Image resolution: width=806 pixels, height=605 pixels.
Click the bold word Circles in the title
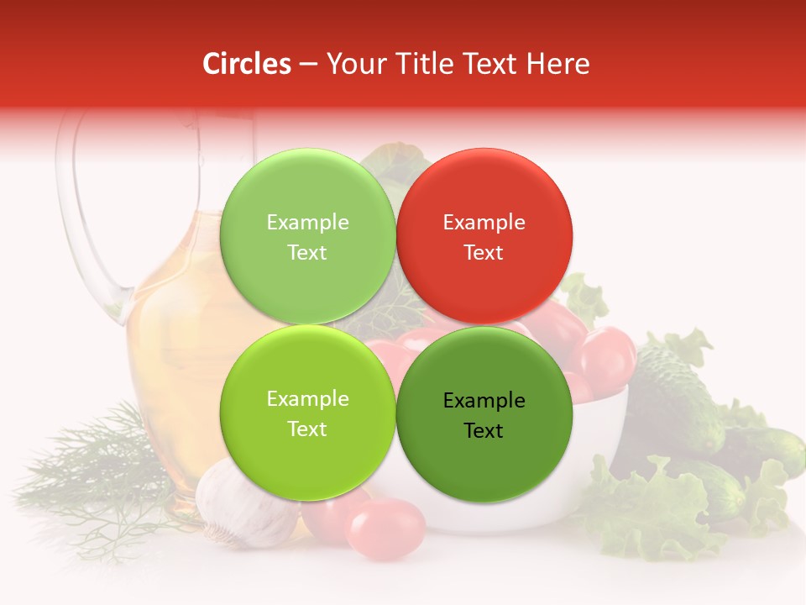tap(246, 64)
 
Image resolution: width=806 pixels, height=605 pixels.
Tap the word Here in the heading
tap(558, 64)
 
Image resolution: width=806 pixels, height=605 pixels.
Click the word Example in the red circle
tap(484, 222)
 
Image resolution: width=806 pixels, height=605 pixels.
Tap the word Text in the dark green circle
tap(484, 430)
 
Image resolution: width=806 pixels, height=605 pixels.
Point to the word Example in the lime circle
tap(307, 398)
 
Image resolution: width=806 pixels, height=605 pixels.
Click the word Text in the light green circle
tap(307, 252)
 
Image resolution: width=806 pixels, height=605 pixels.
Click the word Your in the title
tap(353, 64)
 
